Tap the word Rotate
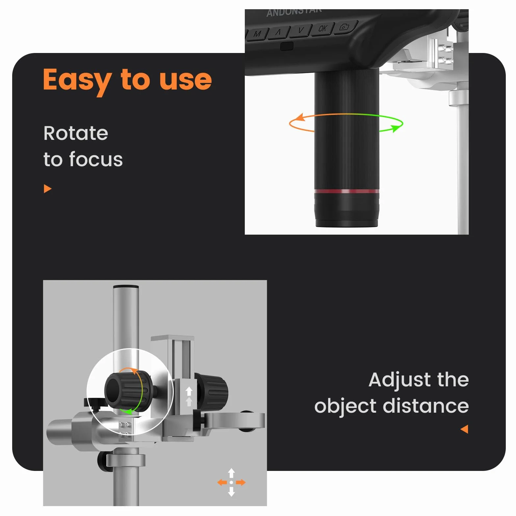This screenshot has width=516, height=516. (76, 133)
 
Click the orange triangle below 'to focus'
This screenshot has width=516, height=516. (48, 189)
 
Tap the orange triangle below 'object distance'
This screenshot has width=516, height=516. (464, 429)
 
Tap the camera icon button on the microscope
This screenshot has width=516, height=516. (344, 27)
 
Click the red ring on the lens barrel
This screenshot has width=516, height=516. (347, 191)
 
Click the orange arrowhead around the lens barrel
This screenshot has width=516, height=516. (299, 117)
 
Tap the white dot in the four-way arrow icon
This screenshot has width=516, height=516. (231, 482)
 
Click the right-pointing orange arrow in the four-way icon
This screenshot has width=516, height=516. (241, 482)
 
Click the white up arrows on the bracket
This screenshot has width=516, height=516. (189, 396)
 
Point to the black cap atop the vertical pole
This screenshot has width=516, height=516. (126, 287)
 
